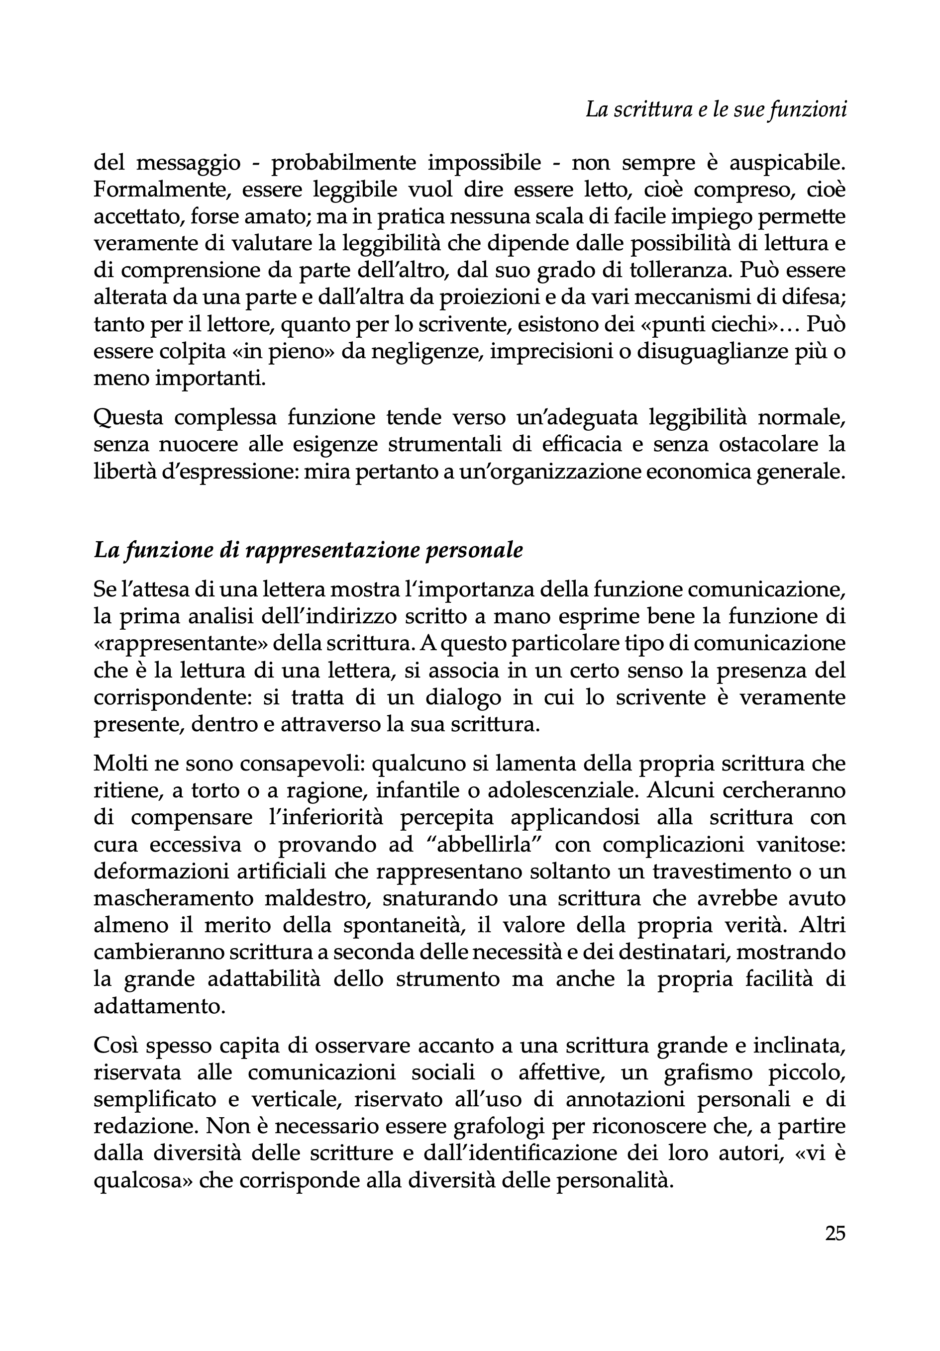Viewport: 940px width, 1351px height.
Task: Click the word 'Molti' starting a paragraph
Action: [119, 763]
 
